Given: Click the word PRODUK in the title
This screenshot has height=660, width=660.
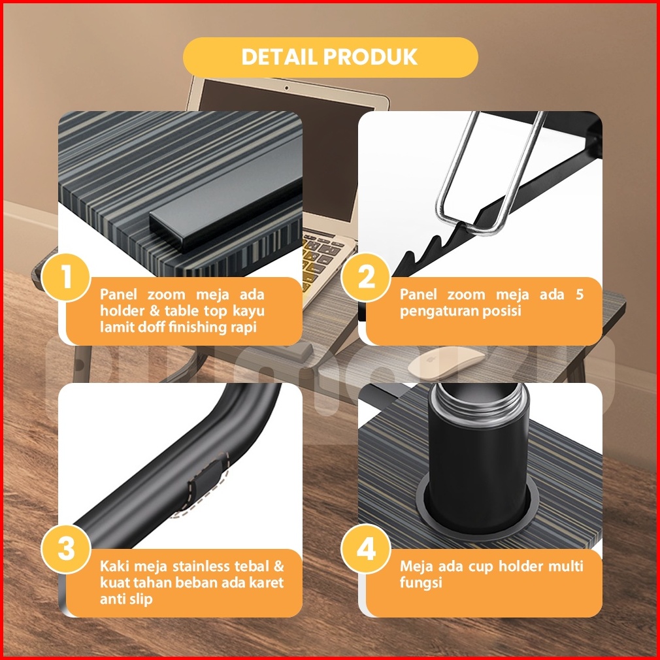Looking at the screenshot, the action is click(x=371, y=57).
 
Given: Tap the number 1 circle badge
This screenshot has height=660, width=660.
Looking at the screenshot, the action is click(x=66, y=277).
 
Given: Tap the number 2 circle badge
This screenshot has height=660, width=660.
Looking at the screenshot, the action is click(x=366, y=277).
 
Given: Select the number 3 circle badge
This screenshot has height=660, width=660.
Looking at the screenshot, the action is click(x=66, y=549).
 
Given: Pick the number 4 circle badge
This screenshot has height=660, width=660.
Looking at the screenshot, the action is click(x=366, y=549).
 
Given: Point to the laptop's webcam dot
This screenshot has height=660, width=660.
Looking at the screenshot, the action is click(x=287, y=88).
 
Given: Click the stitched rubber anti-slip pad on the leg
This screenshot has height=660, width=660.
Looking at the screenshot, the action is click(x=206, y=484).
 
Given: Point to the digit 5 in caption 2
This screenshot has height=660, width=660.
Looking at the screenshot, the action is click(x=580, y=294).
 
